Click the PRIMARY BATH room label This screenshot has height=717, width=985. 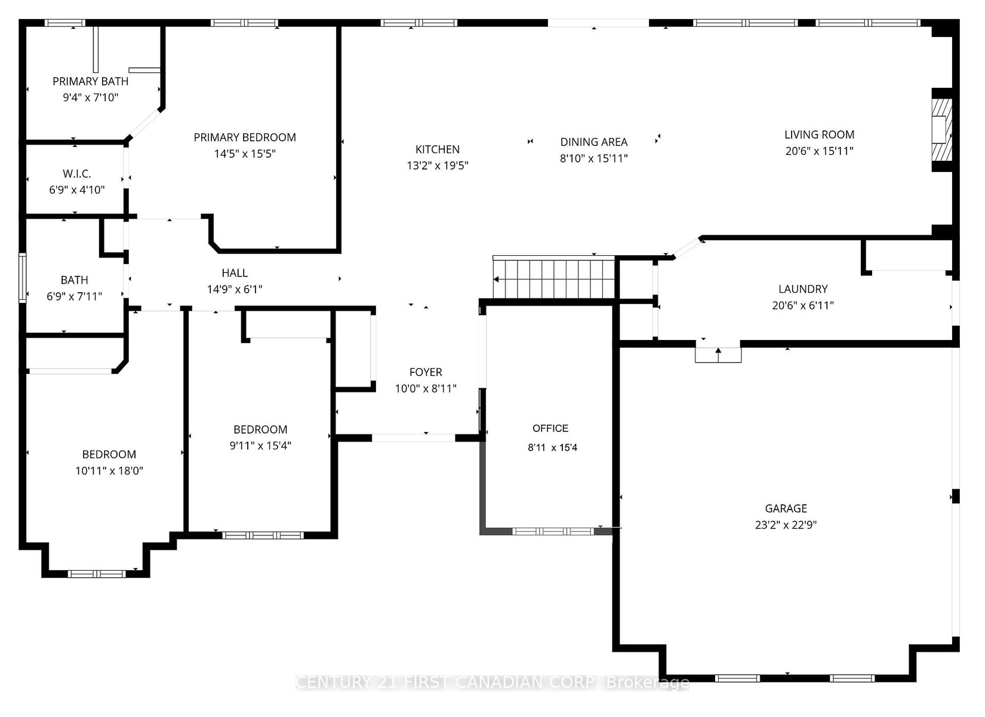[91, 81]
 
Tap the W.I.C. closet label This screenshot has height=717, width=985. [77, 174]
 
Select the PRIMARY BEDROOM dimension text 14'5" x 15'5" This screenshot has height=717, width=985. [245, 154]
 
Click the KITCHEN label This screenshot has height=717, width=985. [438, 149]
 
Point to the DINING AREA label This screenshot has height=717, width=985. [593, 142]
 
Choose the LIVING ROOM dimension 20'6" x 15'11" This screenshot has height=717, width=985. [819, 151]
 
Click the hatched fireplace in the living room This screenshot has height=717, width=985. [942, 130]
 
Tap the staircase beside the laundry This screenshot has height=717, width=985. [553, 277]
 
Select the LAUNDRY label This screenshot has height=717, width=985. [803, 289]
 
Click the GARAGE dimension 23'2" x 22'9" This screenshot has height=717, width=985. [786, 525]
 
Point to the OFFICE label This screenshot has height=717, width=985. [550, 428]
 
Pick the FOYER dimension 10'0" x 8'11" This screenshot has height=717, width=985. [426, 388]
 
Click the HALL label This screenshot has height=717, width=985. [235, 273]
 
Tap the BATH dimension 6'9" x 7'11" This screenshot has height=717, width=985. [74, 296]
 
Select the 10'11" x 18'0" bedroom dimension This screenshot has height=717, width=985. [109, 470]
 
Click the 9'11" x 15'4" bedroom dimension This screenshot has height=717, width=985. [260, 445]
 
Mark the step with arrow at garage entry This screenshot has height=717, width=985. [718, 355]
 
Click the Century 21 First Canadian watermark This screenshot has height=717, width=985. [492, 682]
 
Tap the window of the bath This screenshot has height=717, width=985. [23, 278]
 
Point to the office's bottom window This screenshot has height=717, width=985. [553, 531]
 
